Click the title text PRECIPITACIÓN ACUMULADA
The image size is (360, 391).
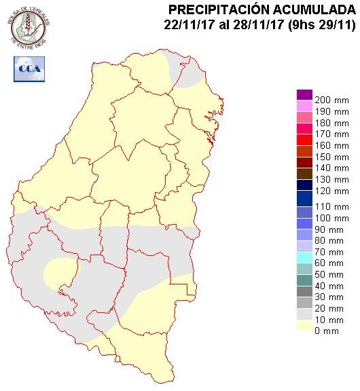tap(261, 9)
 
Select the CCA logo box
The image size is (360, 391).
tap(28, 69)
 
